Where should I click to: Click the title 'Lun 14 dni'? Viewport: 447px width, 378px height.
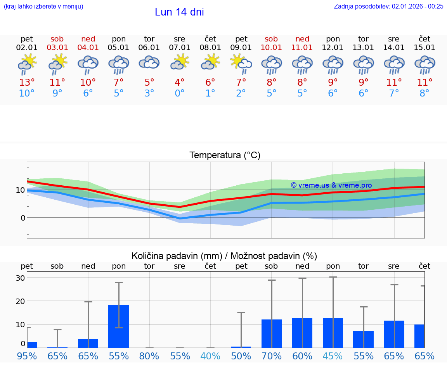tap(179, 12)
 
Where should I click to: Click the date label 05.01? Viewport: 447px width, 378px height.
tap(118, 48)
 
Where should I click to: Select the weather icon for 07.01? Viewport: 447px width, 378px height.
tap(180, 62)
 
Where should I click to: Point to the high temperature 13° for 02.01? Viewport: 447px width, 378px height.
tap(27, 83)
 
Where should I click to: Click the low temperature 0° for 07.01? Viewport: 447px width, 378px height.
tap(180, 93)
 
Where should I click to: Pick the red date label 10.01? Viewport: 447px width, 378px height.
tap(271, 48)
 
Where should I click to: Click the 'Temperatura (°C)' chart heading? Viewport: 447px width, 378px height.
tap(225, 155)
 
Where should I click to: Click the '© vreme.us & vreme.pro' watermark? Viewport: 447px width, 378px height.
tap(331, 185)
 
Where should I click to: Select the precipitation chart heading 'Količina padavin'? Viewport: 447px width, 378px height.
tap(224, 256)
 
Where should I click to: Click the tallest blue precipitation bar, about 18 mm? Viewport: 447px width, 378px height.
tap(119, 326)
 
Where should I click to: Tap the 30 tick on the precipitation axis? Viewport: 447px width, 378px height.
tap(20, 278)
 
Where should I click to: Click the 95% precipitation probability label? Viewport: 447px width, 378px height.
tap(27, 356)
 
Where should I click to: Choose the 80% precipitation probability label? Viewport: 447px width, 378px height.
tap(149, 356)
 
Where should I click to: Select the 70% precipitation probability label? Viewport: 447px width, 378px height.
tap(271, 356)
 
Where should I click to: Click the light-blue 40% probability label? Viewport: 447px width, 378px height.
tap(210, 356)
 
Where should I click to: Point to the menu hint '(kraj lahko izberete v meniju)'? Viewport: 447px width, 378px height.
tap(43, 6)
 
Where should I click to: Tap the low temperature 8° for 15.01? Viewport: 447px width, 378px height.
tap(424, 93)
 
